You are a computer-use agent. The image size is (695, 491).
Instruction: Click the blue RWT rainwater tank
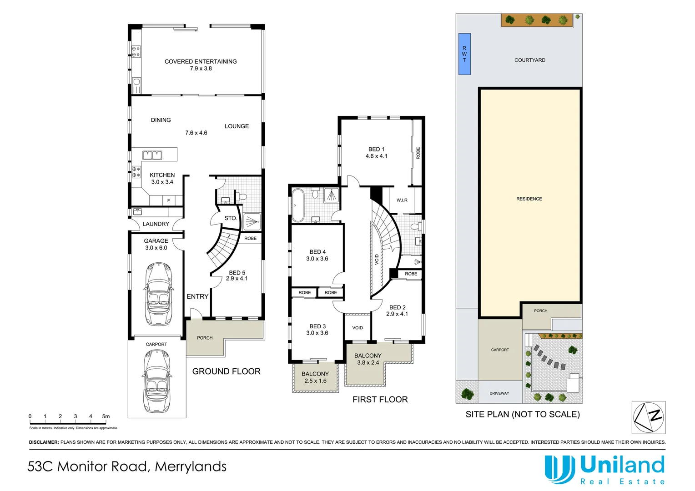(x=464, y=54)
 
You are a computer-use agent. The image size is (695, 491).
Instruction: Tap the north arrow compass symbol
(x=648, y=417)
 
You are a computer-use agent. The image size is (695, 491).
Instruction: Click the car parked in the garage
(x=158, y=293)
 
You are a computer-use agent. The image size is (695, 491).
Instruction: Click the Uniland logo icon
(x=559, y=469)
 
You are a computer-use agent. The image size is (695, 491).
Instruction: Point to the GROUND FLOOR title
(x=226, y=371)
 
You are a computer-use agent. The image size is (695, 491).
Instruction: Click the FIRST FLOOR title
(x=380, y=400)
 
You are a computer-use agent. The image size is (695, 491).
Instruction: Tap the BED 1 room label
(x=376, y=149)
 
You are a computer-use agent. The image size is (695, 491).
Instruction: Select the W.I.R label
(x=402, y=200)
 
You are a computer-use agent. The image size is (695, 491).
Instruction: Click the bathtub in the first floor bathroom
(x=297, y=205)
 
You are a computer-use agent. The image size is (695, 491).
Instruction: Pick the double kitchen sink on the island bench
(x=152, y=155)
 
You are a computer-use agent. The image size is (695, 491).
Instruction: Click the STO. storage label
(x=231, y=218)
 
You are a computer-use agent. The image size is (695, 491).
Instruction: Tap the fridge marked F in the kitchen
(x=168, y=200)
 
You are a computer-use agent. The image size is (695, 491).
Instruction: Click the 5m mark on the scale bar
(x=106, y=416)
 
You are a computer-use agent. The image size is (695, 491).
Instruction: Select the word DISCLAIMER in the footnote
(x=44, y=442)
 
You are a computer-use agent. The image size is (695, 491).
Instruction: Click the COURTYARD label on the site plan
(x=529, y=60)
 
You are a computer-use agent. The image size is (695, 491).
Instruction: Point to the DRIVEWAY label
(x=499, y=393)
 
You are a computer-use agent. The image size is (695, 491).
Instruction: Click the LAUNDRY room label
(x=156, y=224)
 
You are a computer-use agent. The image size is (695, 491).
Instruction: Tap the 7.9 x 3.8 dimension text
(x=201, y=69)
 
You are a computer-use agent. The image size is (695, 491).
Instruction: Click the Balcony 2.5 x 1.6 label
(x=315, y=377)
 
